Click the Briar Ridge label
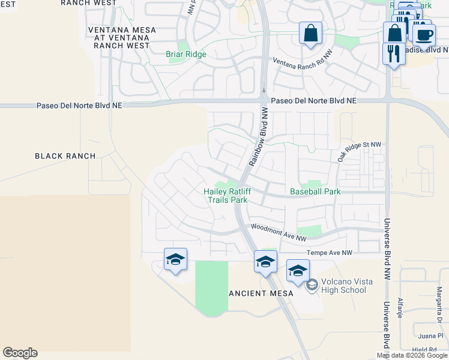click(186, 54)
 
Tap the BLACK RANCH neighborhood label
click(65, 156)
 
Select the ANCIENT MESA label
click(261, 293)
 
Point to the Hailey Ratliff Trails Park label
click(227, 196)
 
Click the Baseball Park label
click(315, 191)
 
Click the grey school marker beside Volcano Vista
click(312, 285)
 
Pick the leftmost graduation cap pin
click(175, 259)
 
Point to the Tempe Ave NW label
click(330, 253)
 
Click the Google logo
click(20, 353)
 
